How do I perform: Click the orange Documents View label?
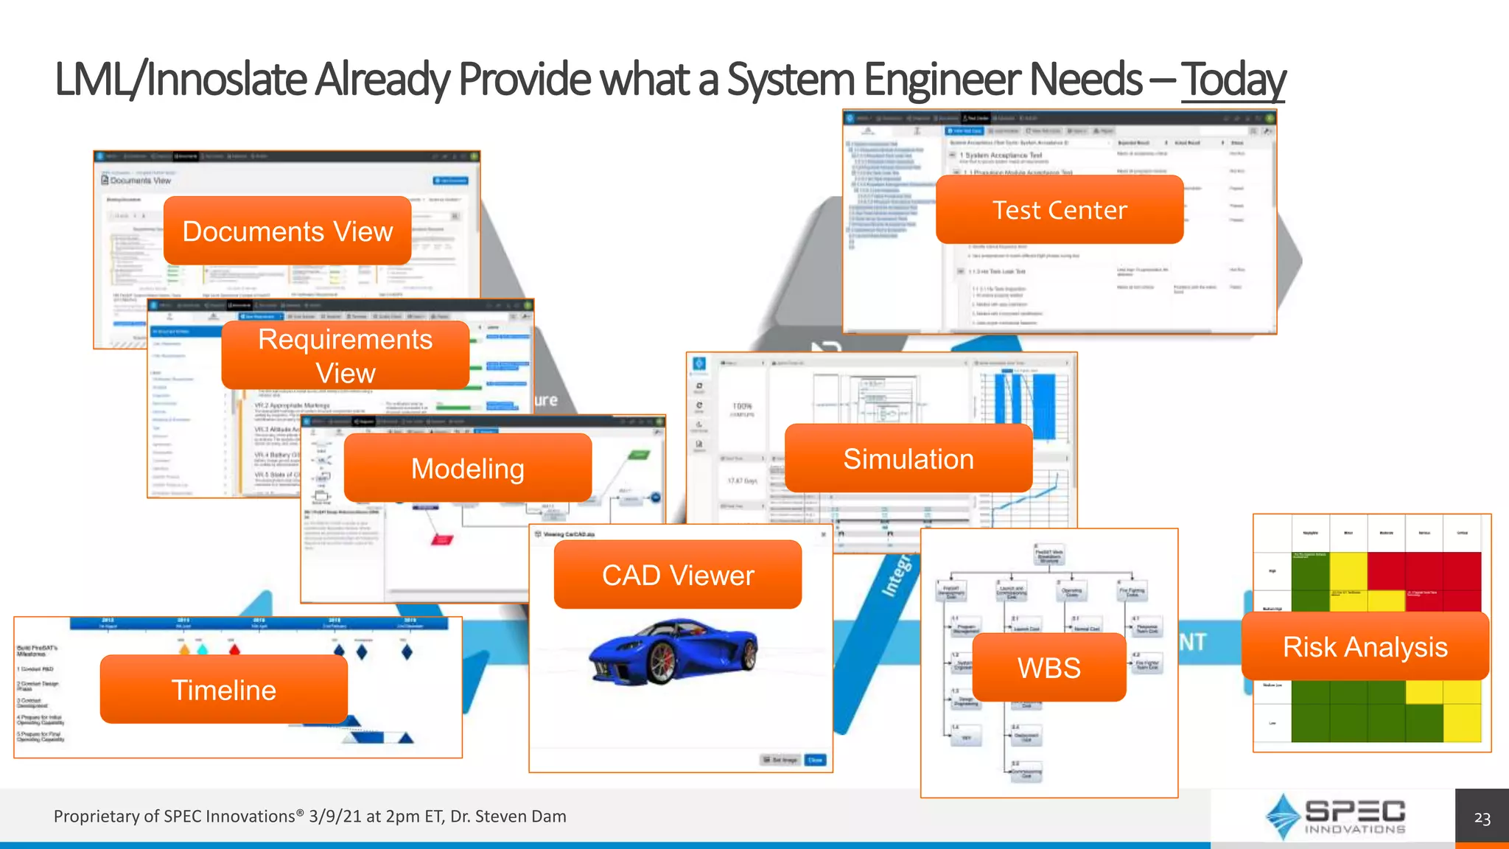(x=287, y=231)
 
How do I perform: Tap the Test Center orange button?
(x=1060, y=210)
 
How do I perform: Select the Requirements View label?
(x=345, y=355)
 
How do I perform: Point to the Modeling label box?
(x=468, y=468)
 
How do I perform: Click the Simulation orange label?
(x=908, y=458)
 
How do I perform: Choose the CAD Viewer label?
(x=678, y=575)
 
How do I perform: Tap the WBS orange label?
(x=1049, y=668)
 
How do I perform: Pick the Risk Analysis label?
(x=1365, y=646)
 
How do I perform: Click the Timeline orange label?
(x=224, y=690)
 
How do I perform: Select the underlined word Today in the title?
(x=1233, y=80)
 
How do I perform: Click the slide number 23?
(x=1482, y=818)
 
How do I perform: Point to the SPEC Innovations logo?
(x=1335, y=817)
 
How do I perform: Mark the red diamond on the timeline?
(x=234, y=650)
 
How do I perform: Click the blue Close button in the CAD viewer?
(x=815, y=760)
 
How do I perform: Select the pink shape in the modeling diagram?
(x=441, y=539)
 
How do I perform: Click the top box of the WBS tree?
(x=1049, y=556)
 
